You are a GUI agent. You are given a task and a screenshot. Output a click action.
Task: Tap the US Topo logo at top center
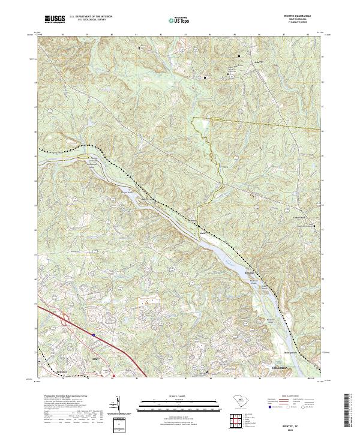(179, 20)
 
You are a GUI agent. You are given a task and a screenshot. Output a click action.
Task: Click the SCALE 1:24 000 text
(179, 397)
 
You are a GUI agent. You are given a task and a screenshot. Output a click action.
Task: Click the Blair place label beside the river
(248, 273)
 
